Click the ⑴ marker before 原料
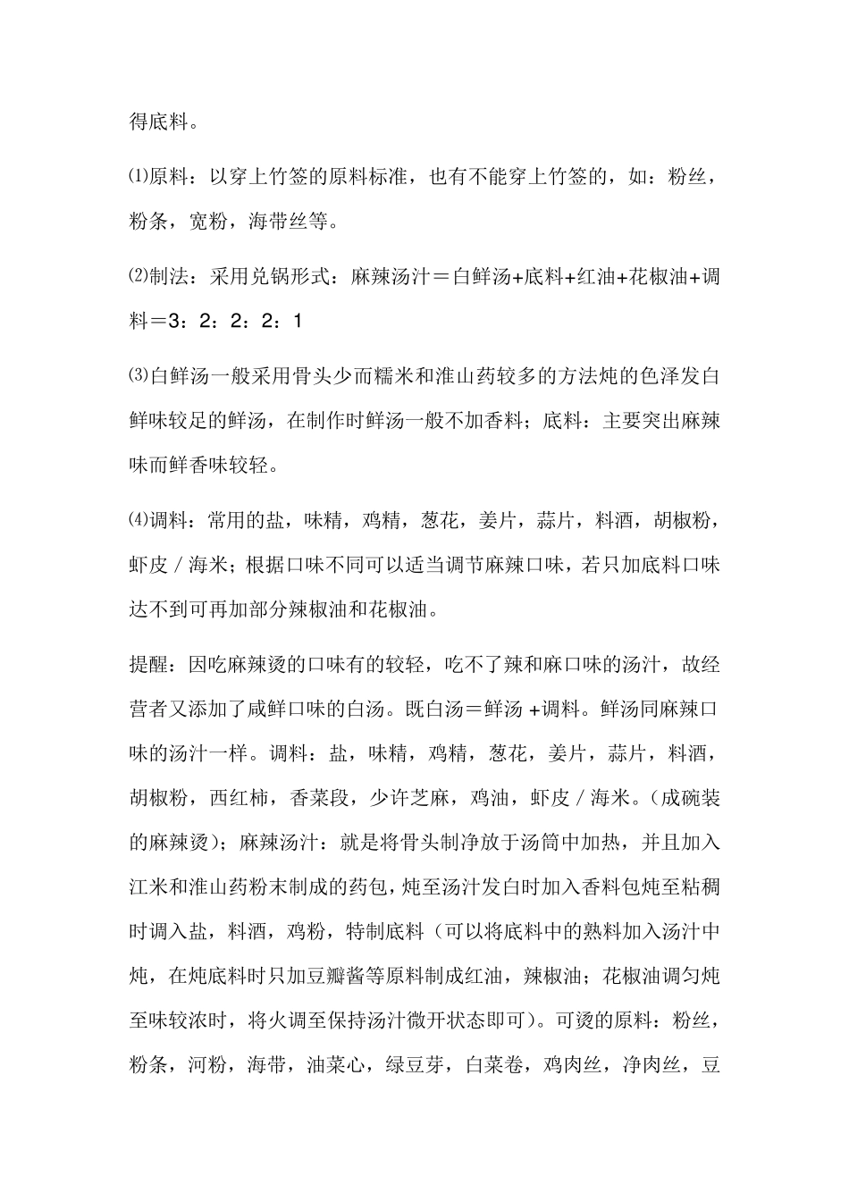click(138, 177)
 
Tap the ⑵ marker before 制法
click(138, 277)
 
